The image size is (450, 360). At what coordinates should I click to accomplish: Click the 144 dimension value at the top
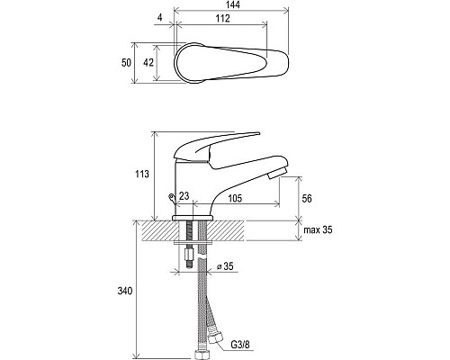point(233,5)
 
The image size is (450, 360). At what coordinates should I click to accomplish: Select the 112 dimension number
point(223,18)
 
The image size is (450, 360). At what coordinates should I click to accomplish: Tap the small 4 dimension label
point(160,18)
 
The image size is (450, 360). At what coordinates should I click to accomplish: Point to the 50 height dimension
point(126,63)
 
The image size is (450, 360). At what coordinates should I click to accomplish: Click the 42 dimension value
point(148,62)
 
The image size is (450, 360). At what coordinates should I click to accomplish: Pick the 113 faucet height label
point(142,174)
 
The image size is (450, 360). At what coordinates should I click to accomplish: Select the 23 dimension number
point(184,196)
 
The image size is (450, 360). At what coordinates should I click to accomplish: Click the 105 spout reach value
point(235,198)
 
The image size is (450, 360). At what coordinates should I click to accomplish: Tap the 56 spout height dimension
point(307,199)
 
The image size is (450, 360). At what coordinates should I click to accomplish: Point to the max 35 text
point(318,230)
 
